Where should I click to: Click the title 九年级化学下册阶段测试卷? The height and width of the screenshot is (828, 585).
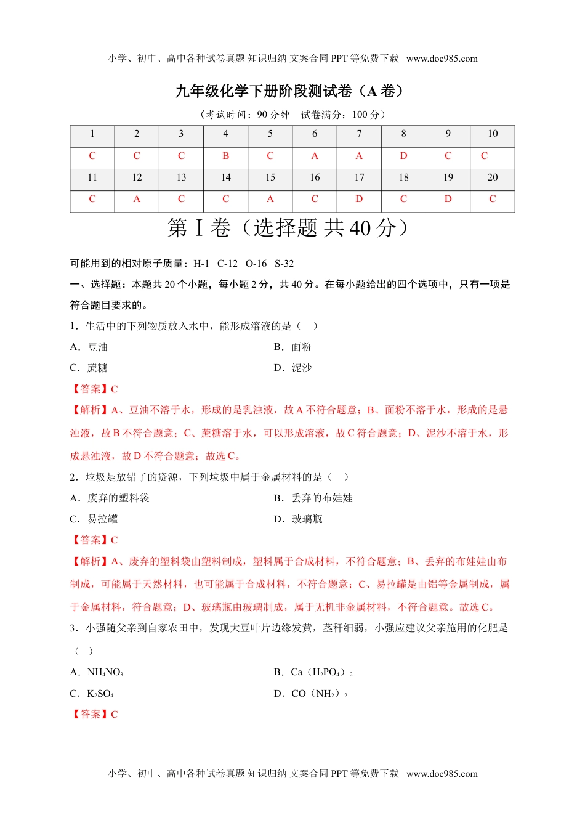coord(289,91)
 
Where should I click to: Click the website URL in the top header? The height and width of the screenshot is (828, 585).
coord(442,59)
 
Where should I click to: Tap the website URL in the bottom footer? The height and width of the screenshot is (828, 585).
coord(442,774)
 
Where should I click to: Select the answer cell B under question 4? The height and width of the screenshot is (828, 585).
coord(225,156)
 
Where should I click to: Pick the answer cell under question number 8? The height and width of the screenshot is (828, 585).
coord(403,156)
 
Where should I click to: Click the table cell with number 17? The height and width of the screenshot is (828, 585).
coord(359,177)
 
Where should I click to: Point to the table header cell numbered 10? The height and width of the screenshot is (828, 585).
coord(493,134)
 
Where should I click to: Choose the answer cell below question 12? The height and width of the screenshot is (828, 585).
coord(137,199)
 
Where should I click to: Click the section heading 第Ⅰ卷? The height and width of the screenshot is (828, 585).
coord(198,229)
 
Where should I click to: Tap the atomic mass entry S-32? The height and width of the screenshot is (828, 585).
coord(284,264)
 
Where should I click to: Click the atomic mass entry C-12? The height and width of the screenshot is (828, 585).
coord(227,264)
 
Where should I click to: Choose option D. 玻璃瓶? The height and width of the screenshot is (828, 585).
coord(298,519)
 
